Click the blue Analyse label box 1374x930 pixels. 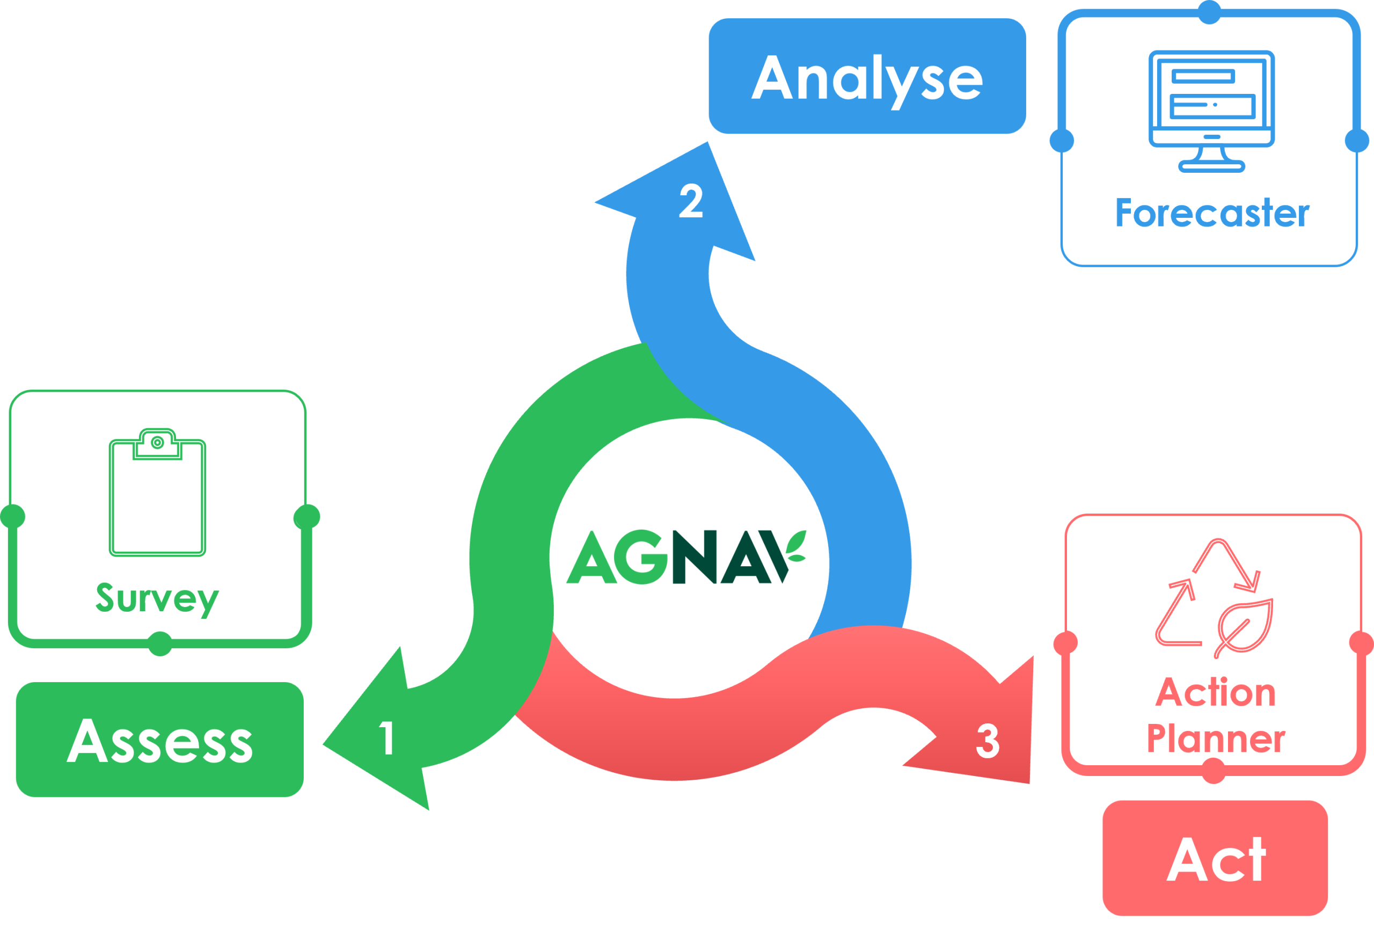[x=867, y=76]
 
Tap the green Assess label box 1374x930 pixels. [x=159, y=739]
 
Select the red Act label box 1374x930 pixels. [x=1215, y=858]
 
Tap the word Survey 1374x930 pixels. [x=157, y=598]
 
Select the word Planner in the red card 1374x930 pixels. [x=1216, y=738]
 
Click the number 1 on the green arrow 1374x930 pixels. [x=386, y=738]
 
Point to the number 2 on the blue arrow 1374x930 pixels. [x=691, y=202]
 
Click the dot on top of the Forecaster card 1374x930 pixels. [x=1209, y=12]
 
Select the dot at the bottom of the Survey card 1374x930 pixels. [x=159, y=643]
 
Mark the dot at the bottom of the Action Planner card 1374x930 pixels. [x=1214, y=771]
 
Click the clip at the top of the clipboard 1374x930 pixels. [x=157, y=444]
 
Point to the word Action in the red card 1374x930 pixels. [x=1216, y=692]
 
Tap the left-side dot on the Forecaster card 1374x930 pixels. [x=1062, y=141]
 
